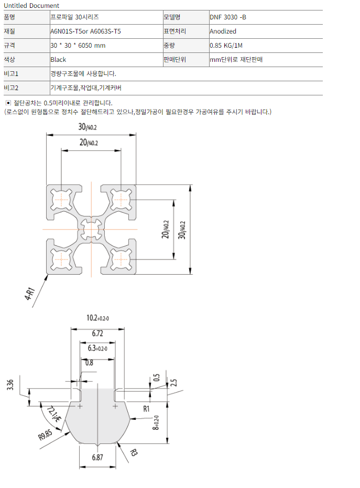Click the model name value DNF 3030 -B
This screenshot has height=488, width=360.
click(x=227, y=17)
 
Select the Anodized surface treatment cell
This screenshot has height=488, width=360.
click(x=223, y=31)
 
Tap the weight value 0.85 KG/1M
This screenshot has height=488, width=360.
click(x=229, y=46)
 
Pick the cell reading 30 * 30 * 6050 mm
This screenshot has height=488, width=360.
click(x=78, y=46)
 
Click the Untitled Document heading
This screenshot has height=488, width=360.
click(x=31, y=6)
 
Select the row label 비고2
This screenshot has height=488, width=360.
click(x=11, y=88)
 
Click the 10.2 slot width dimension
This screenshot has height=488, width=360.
click(x=97, y=318)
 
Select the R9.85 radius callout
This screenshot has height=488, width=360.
click(x=46, y=434)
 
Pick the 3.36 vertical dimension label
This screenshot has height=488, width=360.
click(x=10, y=386)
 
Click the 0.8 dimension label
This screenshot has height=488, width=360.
click(x=89, y=363)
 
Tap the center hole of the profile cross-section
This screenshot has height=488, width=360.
click(x=92, y=229)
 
